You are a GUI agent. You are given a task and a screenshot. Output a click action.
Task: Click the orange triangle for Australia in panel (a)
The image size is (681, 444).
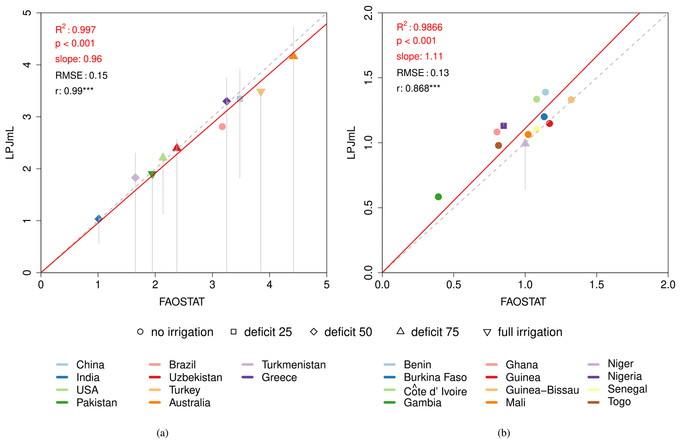pyautogui.click(x=293, y=56)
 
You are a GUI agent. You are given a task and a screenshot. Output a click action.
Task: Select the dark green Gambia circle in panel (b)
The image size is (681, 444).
pyautogui.click(x=438, y=197)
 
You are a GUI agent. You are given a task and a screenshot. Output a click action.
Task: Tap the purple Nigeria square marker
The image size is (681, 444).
pyautogui.click(x=503, y=126)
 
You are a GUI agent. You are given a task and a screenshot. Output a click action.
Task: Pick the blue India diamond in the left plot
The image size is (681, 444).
pyautogui.click(x=99, y=219)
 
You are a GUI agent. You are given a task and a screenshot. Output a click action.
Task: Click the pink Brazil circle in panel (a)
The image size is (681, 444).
pyautogui.click(x=222, y=126)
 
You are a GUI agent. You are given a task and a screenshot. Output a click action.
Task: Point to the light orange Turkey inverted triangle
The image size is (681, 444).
pyautogui.click(x=261, y=92)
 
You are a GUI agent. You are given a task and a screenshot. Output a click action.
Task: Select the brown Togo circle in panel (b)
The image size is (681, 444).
pyautogui.click(x=498, y=145)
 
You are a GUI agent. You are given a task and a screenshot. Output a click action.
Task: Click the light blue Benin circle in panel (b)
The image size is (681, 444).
pyautogui.click(x=545, y=92)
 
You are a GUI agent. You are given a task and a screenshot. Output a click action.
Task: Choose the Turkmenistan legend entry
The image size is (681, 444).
pyautogui.click(x=293, y=365)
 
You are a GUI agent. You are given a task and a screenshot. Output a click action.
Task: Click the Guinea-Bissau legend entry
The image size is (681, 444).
pyautogui.click(x=542, y=390)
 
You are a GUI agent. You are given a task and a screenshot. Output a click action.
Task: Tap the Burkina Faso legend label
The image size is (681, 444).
pyautogui.click(x=435, y=377)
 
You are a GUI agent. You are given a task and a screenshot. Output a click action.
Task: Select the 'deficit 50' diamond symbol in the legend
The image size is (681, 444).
pyautogui.click(x=314, y=332)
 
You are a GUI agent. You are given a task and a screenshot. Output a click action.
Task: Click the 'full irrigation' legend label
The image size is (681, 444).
pyautogui.click(x=530, y=332)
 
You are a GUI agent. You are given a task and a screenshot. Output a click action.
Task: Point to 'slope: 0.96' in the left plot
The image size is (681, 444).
pyautogui.click(x=78, y=59)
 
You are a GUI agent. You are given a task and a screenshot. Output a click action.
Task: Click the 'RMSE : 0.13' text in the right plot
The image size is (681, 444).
pyautogui.click(x=422, y=73)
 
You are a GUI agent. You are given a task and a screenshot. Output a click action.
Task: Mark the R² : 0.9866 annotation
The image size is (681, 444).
pyautogui.click(x=419, y=27)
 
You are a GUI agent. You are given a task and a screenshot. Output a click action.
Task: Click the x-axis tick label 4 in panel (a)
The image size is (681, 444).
pyautogui.click(x=270, y=285)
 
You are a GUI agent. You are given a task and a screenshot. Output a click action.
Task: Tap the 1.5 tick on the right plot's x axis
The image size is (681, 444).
pyautogui.click(x=596, y=285)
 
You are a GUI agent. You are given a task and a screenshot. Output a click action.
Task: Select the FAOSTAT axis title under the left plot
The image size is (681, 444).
pyautogui.click(x=182, y=302)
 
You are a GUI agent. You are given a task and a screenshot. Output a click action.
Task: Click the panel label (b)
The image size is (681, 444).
pyautogui.click(x=504, y=432)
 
